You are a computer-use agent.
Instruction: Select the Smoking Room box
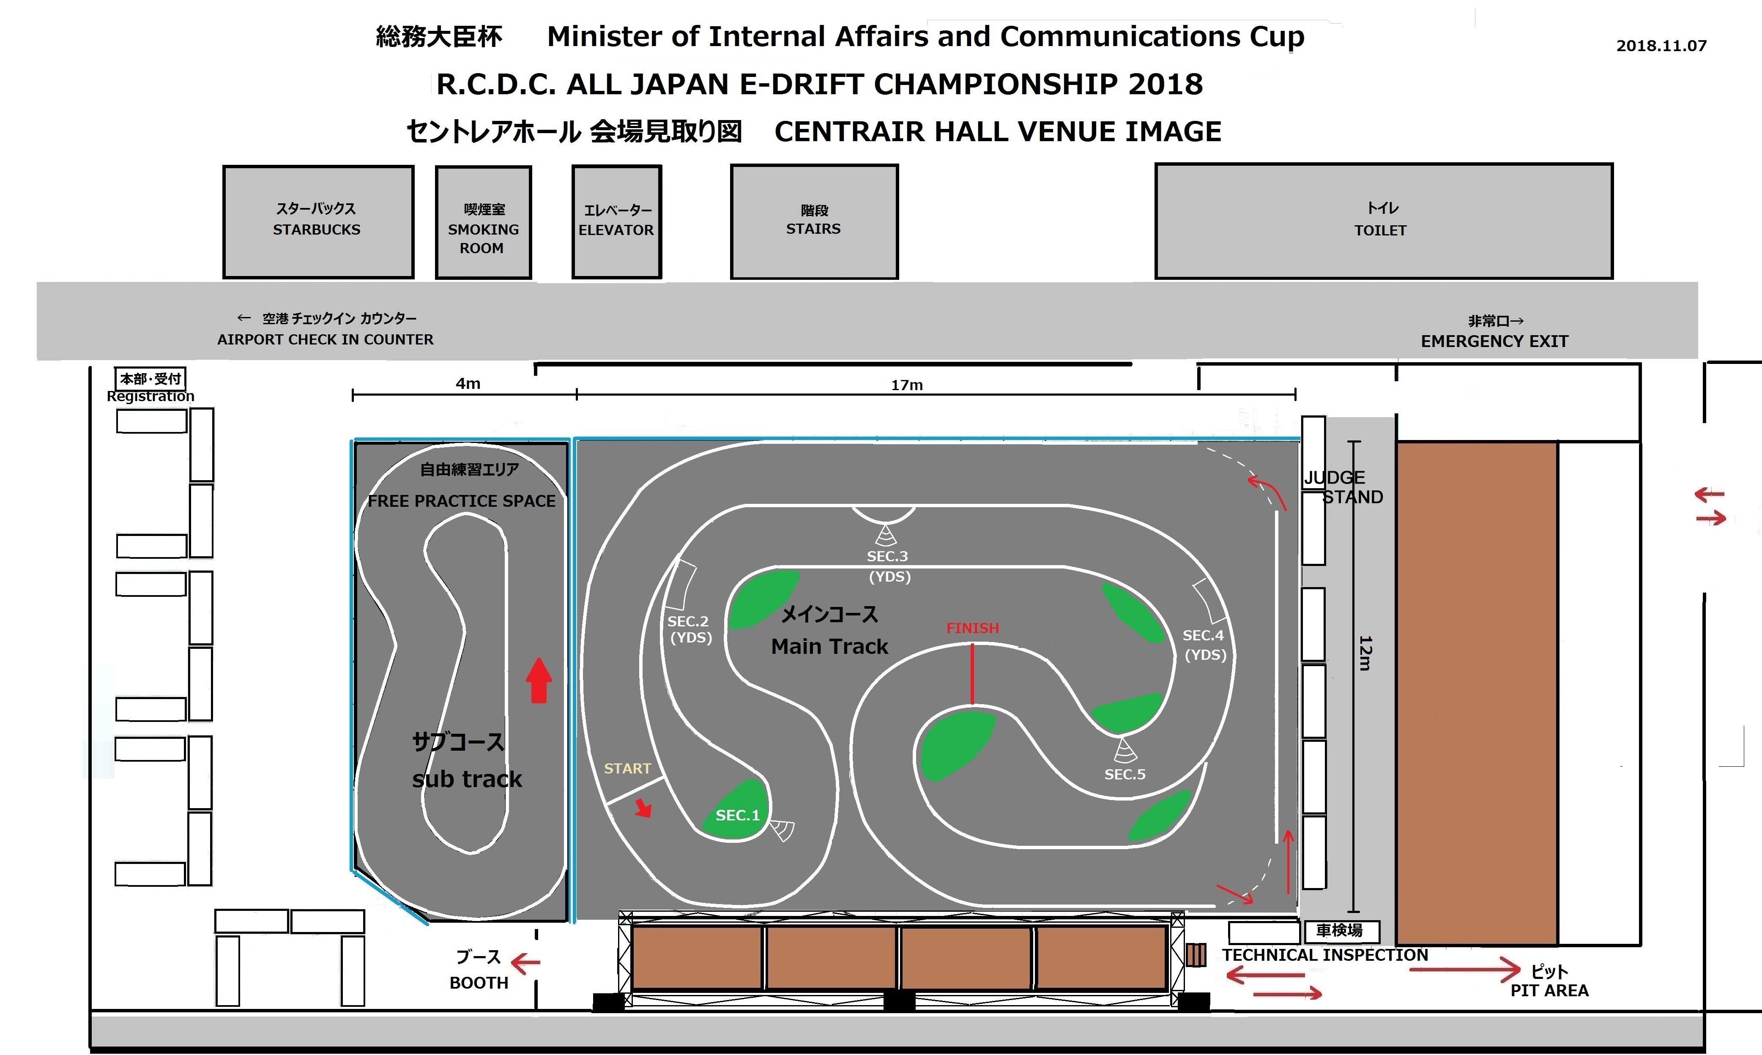pyautogui.click(x=484, y=222)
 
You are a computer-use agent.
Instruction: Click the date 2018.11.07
pyautogui.click(x=1661, y=46)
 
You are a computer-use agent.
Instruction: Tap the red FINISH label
pyautogui.click(x=972, y=629)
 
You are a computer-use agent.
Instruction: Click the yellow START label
pyautogui.click(x=627, y=768)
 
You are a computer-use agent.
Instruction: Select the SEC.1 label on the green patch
pyautogui.click(x=737, y=815)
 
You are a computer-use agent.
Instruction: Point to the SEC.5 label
pyautogui.click(x=1125, y=774)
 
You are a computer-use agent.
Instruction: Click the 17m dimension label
pyautogui.click(x=907, y=385)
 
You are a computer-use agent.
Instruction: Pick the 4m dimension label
pyautogui.click(x=468, y=384)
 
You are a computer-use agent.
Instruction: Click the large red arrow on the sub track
pyautogui.click(x=539, y=681)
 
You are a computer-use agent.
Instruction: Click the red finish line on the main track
pyautogui.click(x=972, y=673)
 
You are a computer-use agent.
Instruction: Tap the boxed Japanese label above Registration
pyautogui.click(x=150, y=379)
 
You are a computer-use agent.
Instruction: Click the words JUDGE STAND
pyautogui.click(x=1343, y=487)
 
